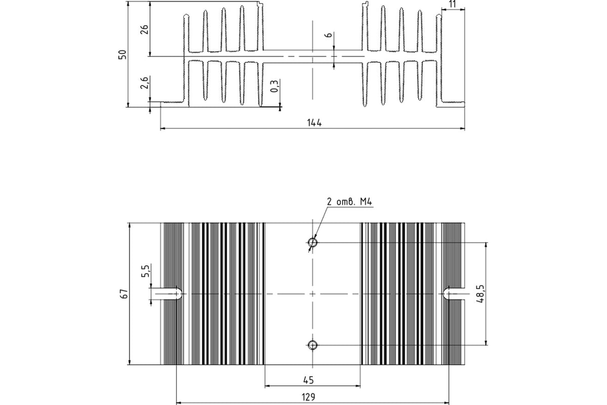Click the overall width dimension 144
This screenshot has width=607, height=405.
coord(314,123)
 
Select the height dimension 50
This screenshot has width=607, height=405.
coord(122,55)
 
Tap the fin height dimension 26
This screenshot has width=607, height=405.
coord(145,29)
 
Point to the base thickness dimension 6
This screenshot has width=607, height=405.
coord(329,35)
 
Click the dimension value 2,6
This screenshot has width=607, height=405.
coord(145,83)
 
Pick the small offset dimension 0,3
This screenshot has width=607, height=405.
coord(275,86)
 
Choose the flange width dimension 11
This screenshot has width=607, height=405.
coord(453,4)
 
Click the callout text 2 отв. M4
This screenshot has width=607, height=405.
coord(350,201)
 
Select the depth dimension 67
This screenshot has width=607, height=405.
coord(124,294)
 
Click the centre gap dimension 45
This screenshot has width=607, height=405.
coord(309,380)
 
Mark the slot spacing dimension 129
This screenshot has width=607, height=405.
coord(309,397)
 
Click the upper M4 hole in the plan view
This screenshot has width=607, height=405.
coord(313,242)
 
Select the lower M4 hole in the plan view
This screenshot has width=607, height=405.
coord(313,345)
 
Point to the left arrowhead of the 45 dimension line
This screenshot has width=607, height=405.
coord(268,386)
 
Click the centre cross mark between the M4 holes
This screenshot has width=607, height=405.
coord(313,294)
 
